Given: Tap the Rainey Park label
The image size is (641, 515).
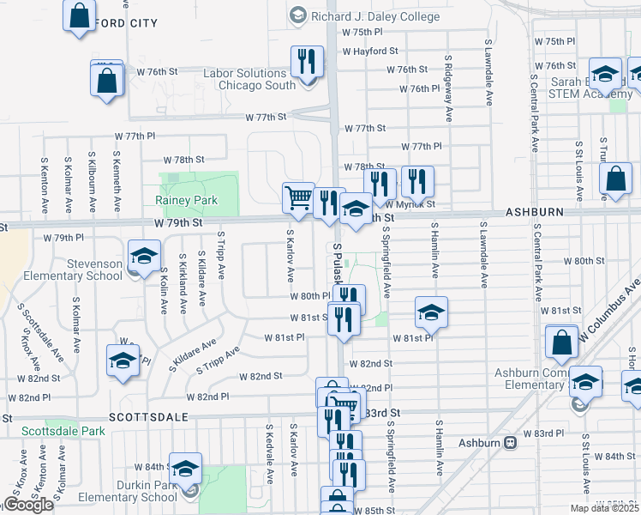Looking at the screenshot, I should (x=186, y=200).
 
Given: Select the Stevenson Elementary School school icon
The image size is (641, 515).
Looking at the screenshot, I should (x=144, y=255).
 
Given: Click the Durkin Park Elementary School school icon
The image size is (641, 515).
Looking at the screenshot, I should (x=185, y=468).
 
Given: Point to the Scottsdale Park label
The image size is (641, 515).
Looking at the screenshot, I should (x=57, y=432).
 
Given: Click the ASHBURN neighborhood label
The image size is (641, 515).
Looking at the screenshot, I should (x=534, y=211).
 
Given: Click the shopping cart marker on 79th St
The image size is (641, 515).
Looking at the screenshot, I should (x=298, y=197).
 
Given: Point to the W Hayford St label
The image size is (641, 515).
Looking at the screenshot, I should (x=370, y=51).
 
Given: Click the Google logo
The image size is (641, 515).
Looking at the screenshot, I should (x=28, y=505).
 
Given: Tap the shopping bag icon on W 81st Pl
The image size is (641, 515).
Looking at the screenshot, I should (x=561, y=342).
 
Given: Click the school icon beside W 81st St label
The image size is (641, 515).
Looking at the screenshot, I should (x=432, y=312).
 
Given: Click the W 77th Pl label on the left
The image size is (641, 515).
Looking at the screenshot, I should (x=141, y=136).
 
